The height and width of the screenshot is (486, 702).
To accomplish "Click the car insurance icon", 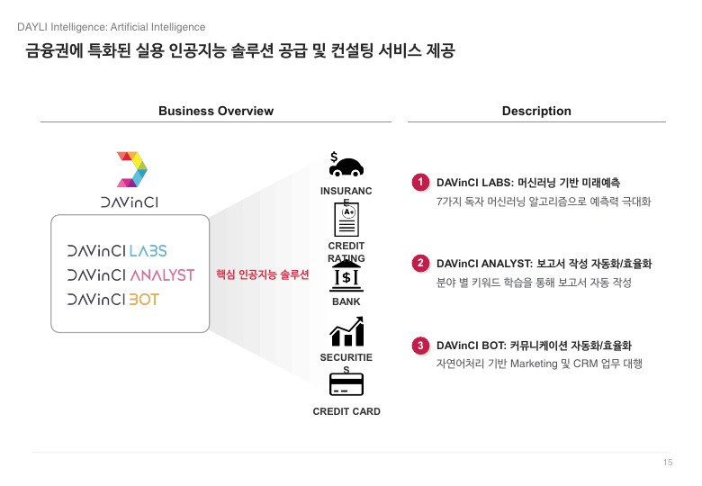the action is tap(346, 166).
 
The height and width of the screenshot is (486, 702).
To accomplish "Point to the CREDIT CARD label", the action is tap(346, 411).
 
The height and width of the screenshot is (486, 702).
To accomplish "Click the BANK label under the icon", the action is tap(346, 302).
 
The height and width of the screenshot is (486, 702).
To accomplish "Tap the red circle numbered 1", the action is tap(420, 182).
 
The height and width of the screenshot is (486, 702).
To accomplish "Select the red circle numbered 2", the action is tap(420, 264).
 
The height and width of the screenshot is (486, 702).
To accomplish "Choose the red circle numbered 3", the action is tap(420, 346).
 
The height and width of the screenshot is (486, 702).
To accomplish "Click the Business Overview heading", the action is tap(216, 111).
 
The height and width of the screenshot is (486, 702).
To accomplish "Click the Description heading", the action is tap(536, 111).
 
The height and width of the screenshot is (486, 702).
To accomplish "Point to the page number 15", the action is tap(667, 463).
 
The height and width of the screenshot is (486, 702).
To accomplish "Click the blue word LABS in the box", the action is tap(148, 250).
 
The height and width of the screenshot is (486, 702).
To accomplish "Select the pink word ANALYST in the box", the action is tap(162, 274).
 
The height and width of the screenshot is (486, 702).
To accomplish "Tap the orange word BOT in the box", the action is tap(144, 299).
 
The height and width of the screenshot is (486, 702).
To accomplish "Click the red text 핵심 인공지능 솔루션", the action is tap(263, 274).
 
